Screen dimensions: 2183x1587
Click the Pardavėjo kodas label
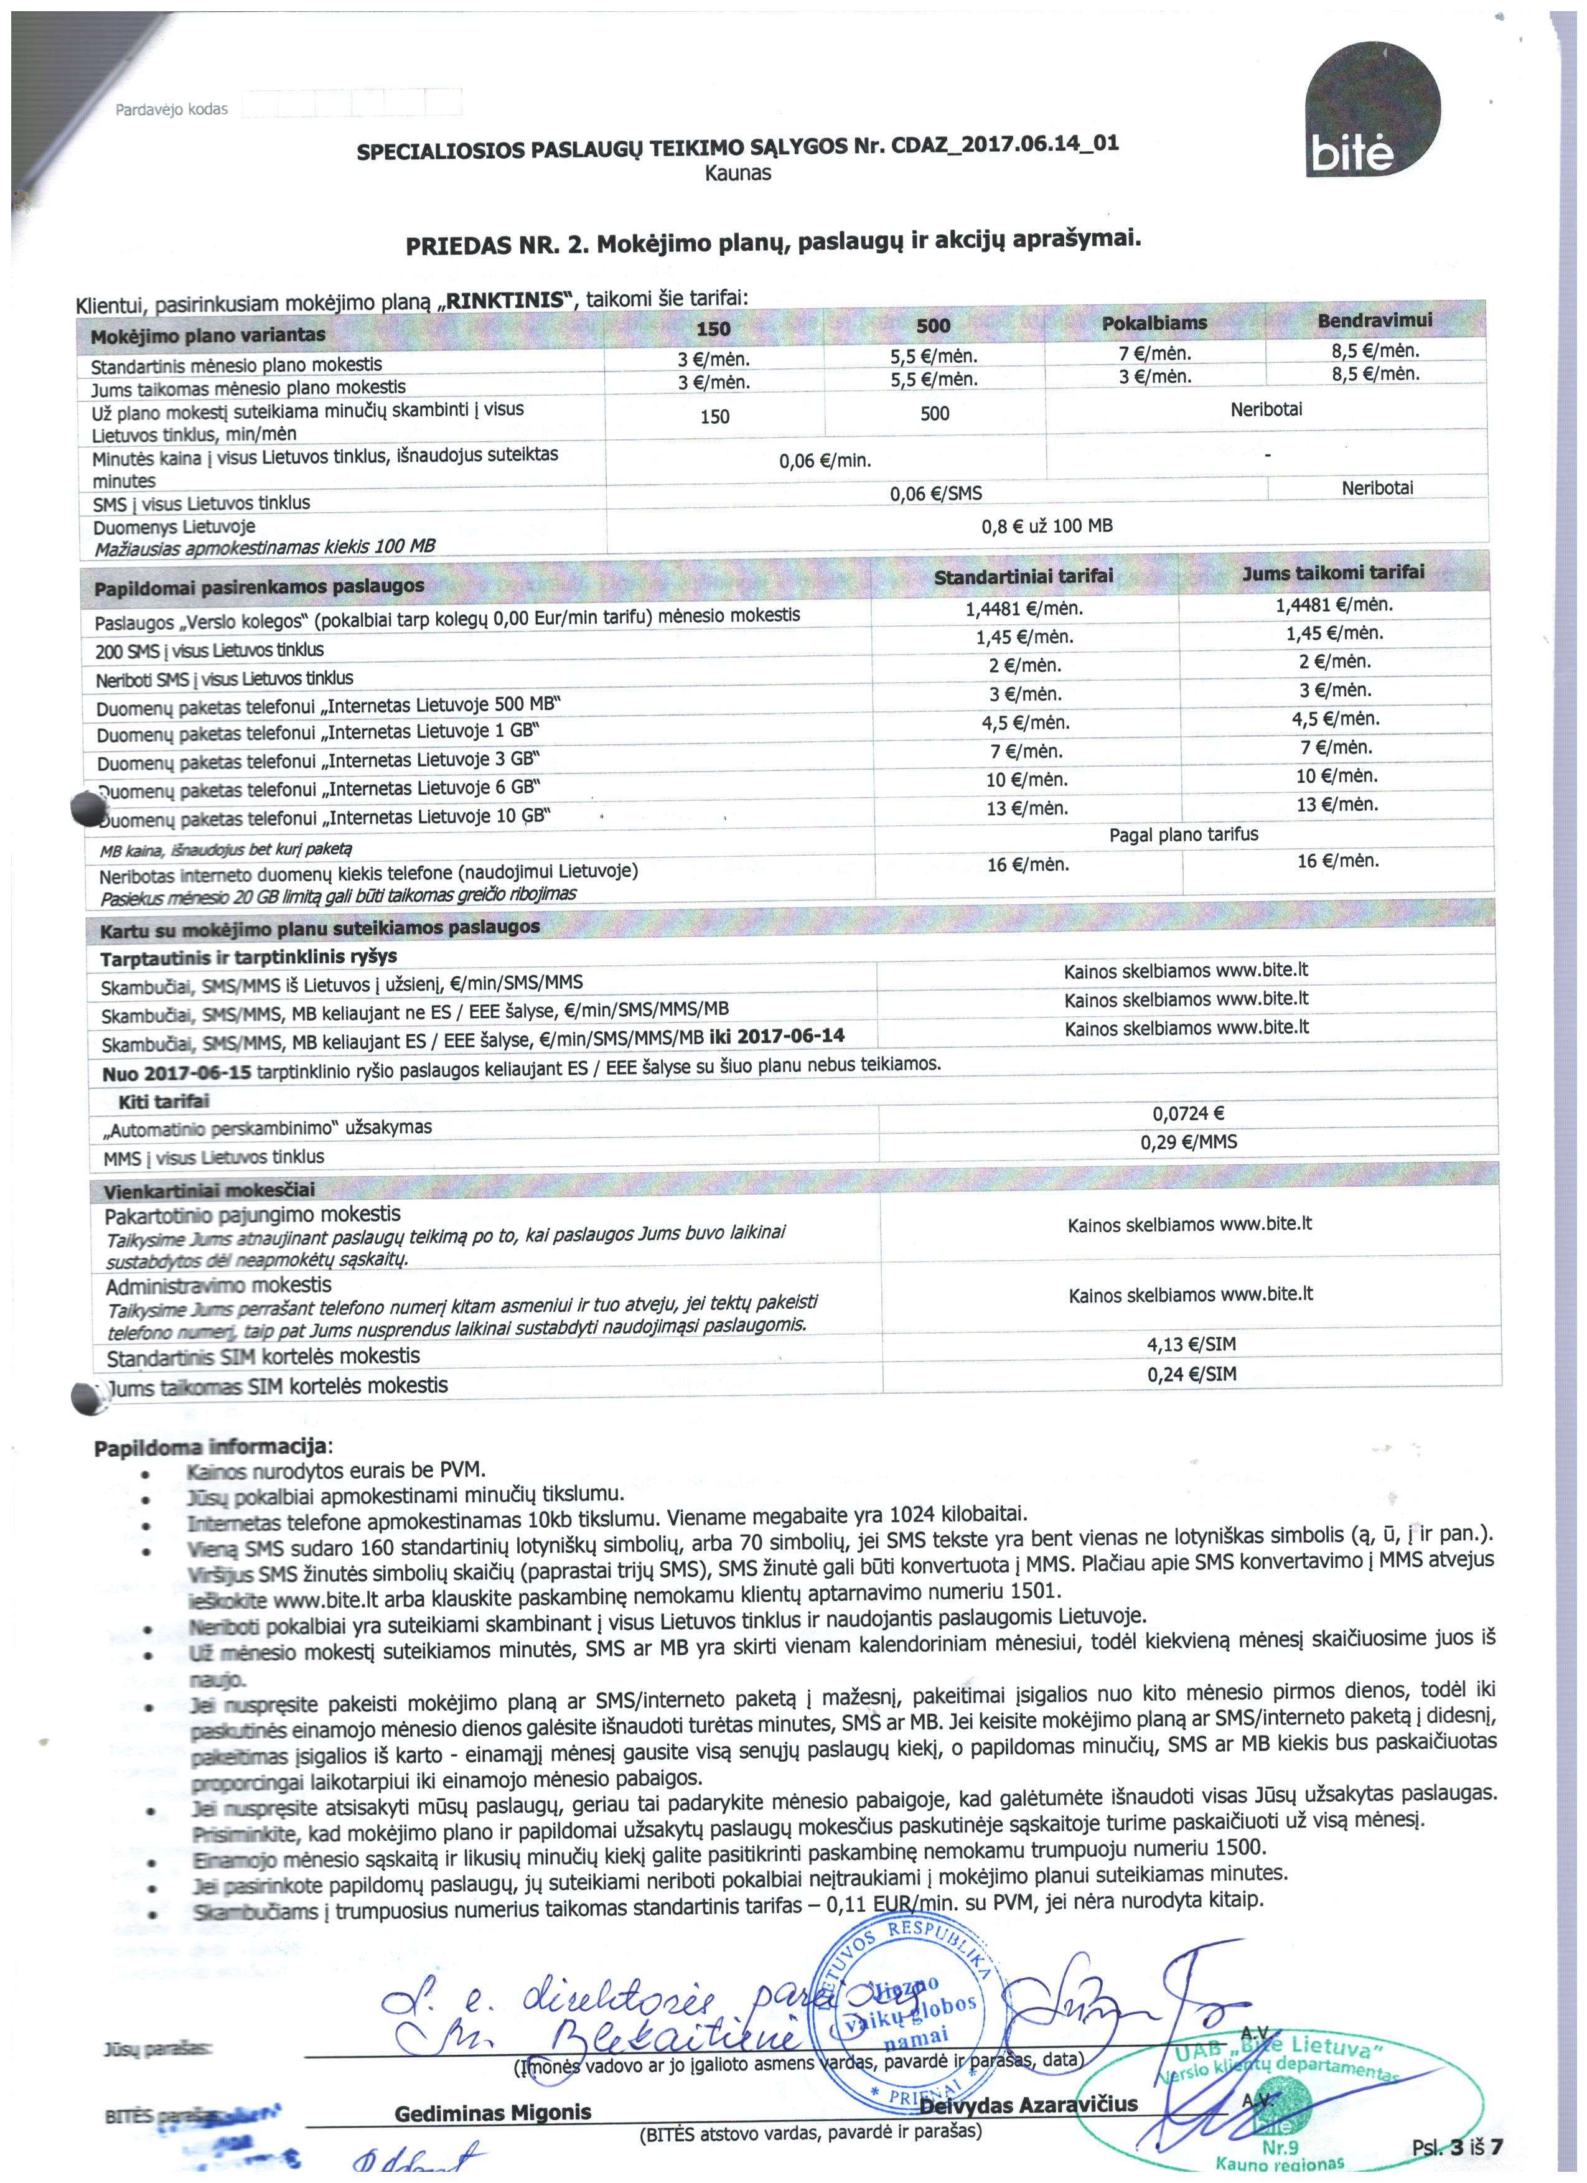click(x=171, y=110)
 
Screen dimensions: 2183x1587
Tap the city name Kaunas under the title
click(x=737, y=173)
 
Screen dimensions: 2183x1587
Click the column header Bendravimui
click(x=1374, y=320)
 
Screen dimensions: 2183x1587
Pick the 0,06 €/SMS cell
click(x=935, y=493)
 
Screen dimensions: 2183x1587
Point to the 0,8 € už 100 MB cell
click(x=1046, y=526)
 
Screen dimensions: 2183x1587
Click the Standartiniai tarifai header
click(x=1023, y=576)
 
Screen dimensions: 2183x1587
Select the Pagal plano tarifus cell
click(x=1183, y=834)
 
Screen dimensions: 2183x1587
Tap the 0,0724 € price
click(x=1187, y=1114)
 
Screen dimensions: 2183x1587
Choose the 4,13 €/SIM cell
click(x=1191, y=1344)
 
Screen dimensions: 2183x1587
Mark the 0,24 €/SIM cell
click(x=1191, y=1373)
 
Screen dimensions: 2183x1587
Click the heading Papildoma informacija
click(x=211, y=1447)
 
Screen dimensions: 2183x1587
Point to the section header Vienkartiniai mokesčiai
click(x=209, y=1190)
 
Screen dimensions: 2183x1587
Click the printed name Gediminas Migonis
click(x=493, y=2113)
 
